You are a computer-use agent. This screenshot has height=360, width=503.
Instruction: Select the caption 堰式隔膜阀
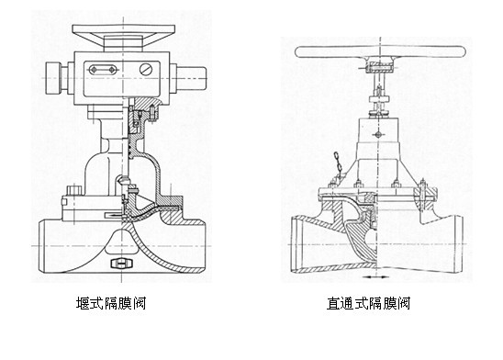pos(114,302)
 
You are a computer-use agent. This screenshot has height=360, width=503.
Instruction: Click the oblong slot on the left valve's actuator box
pos(102,69)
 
